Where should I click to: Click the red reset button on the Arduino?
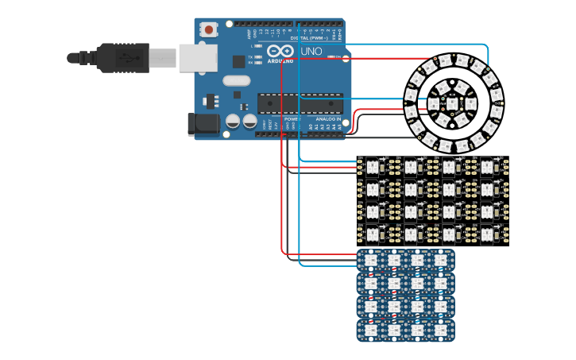tap(209, 30)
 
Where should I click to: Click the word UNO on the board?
tap(312, 52)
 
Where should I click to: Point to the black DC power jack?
tap(202, 123)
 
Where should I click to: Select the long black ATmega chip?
tap(300, 103)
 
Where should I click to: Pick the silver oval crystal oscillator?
tap(237, 80)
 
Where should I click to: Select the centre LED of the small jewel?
tap(452, 103)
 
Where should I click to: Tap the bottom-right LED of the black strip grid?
tap(487, 234)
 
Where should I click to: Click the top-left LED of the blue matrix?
tap(370, 261)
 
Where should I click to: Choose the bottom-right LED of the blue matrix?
tap(440, 329)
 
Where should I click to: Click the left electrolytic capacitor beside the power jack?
tap(233, 121)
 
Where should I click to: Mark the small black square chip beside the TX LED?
tap(238, 61)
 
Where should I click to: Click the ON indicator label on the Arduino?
tap(339, 57)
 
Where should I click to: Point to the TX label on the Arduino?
tap(249, 57)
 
